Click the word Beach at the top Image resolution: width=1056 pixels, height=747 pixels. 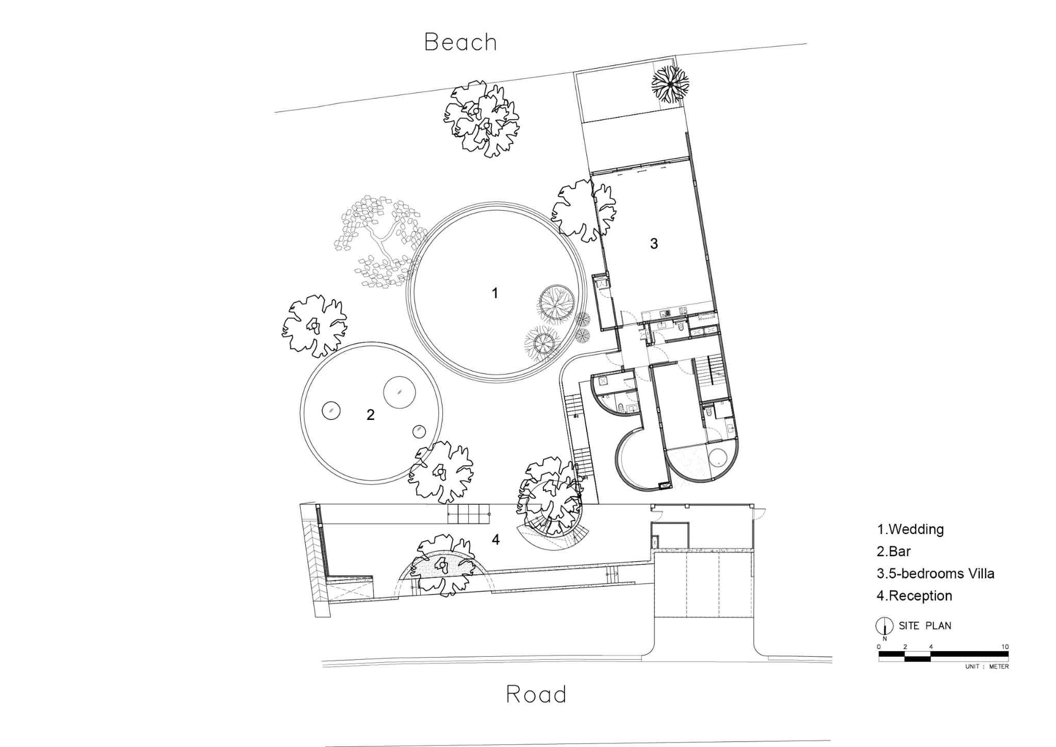click(x=460, y=42)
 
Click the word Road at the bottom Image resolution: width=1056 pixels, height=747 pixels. click(x=536, y=694)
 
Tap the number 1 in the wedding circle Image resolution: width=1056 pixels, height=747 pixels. click(x=495, y=293)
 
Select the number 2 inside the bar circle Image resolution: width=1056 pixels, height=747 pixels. click(x=370, y=415)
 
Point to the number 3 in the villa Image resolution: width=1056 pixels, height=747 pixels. click(x=654, y=243)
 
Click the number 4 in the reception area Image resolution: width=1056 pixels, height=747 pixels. click(x=496, y=540)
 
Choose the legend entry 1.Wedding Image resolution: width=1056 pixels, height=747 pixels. click(x=910, y=529)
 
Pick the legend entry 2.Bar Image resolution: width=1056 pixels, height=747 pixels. click(x=894, y=551)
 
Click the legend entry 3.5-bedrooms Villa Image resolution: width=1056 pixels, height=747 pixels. click(x=935, y=574)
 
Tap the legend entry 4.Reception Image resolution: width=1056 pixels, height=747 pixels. click(x=914, y=596)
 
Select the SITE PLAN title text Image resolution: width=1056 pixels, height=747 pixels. click(x=925, y=626)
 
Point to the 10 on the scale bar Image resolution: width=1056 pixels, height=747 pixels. click(x=1005, y=646)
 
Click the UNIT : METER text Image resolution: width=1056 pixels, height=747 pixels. click(x=987, y=667)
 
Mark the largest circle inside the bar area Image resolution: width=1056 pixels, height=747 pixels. click(x=400, y=392)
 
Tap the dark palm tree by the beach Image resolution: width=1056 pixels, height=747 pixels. click(x=670, y=84)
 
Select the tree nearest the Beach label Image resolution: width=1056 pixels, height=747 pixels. click(x=482, y=119)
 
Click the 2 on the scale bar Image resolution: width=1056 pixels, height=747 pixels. click(x=905, y=646)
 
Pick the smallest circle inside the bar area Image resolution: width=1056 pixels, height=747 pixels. click(x=419, y=431)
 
